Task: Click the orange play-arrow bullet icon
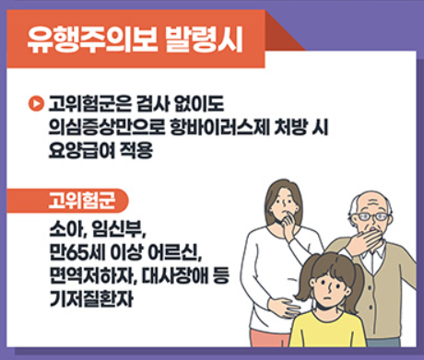point(37,99)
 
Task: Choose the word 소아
point(66,227)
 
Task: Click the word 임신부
point(121,227)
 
